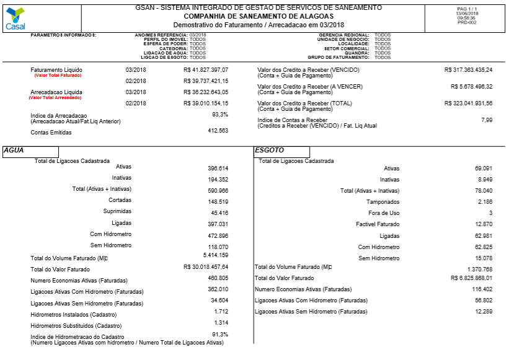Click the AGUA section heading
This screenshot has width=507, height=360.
13,150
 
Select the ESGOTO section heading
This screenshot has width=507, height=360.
269,150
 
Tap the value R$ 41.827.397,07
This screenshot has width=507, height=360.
206,70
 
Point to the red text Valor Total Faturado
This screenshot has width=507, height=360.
58,76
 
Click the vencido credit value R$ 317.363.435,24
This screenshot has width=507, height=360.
468,70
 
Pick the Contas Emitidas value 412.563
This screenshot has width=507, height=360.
218,131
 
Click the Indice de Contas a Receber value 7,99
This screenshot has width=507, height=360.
487,120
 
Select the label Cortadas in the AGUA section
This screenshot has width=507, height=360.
120,201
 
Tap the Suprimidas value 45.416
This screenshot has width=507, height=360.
218,212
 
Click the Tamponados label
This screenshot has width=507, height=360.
382,202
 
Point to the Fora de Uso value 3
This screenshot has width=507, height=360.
490,213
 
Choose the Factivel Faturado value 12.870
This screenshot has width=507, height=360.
483,224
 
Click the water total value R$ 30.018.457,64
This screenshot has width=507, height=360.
206,267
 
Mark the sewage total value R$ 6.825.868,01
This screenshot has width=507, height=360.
470,278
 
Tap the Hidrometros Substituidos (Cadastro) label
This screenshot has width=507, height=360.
76,325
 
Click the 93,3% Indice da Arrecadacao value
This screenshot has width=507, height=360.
220,115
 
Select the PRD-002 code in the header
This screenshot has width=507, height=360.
466,22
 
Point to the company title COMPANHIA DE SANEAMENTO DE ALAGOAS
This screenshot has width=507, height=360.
258,16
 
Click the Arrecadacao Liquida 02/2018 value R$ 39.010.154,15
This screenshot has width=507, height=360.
206,103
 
